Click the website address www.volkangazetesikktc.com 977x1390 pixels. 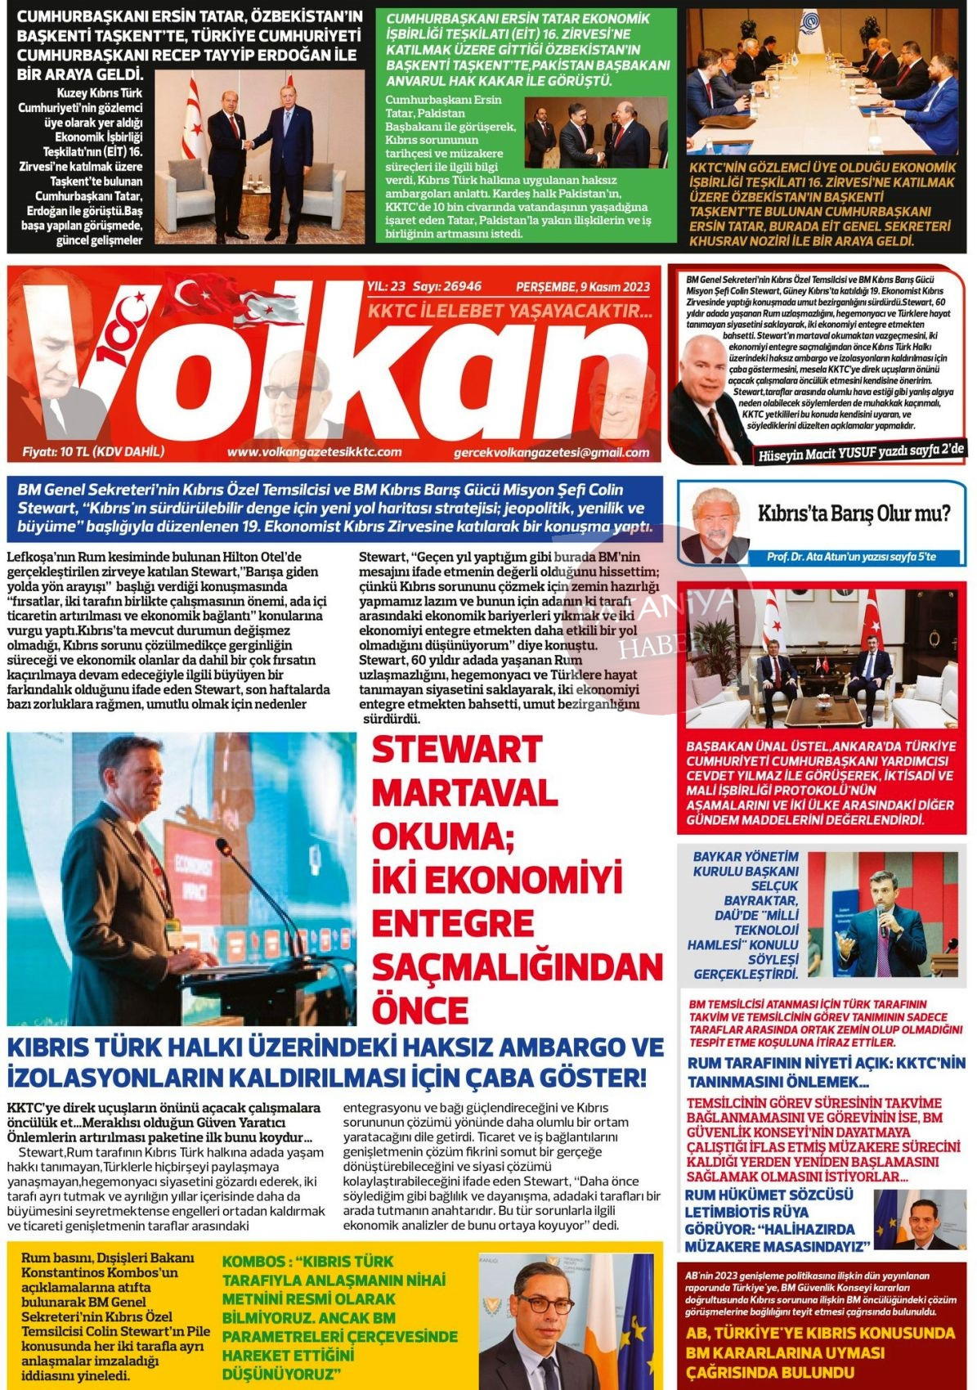click(x=314, y=452)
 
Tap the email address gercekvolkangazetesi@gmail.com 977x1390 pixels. click(x=551, y=453)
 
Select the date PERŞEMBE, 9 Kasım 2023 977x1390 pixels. click(x=582, y=287)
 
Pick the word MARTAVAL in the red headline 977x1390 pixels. click(x=464, y=792)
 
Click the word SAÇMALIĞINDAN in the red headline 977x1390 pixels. click(x=517, y=967)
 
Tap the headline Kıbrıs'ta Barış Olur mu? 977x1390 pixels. click(x=854, y=514)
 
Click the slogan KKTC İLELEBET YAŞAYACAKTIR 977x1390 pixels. click(x=509, y=312)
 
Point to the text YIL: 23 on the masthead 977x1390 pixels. click(x=387, y=287)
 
